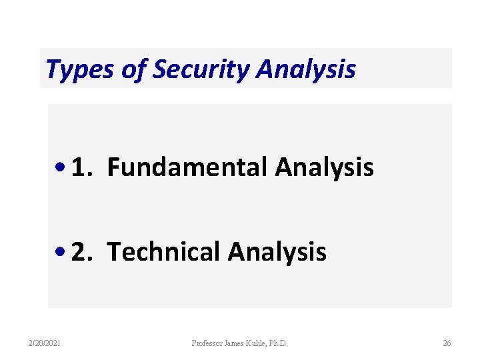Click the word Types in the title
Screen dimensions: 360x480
[80, 69]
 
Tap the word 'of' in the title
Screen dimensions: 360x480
[133, 69]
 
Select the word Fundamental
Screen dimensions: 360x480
[187, 167]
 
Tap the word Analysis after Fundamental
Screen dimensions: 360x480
[324, 167]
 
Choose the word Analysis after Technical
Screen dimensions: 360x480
[277, 251]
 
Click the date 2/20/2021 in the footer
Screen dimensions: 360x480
[45, 343]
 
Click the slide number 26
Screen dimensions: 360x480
[447, 343]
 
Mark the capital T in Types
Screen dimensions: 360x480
[52, 69]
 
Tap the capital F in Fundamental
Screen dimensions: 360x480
[113, 167]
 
